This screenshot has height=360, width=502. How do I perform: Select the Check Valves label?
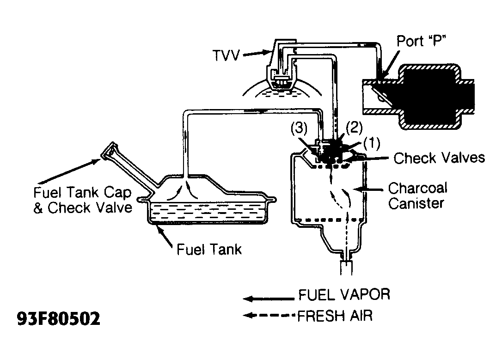[x=440, y=158]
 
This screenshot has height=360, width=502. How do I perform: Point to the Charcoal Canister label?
[x=418, y=195]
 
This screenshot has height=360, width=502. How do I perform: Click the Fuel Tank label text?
[x=209, y=249]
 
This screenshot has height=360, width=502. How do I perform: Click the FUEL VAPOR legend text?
[x=344, y=294]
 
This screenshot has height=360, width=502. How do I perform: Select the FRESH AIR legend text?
[x=335, y=316]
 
